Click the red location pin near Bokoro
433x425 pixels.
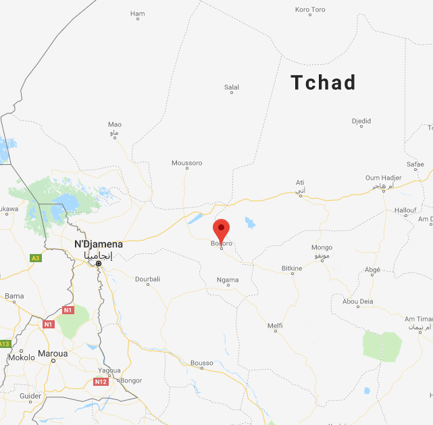coord(221,230)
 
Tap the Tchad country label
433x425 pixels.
coord(323,82)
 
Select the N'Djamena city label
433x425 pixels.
coord(99,244)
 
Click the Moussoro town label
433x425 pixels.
coord(187,163)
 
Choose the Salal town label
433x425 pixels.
coord(232,87)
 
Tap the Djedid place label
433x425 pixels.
coord(361,122)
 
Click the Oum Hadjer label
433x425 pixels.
coord(383,178)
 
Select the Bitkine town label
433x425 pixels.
coord(292,268)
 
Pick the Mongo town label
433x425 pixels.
coord(322,248)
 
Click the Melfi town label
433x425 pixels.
coord(275,326)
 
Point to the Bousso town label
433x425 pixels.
coord(201,363)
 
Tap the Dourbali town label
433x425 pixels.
coord(148,279)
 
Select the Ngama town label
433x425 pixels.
coord(228,280)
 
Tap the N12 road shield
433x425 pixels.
coord(101,382)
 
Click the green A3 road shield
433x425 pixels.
coord(35,257)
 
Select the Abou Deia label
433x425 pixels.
coord(358,301)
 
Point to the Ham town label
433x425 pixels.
coord(138,14)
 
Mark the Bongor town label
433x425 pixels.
coord(130,380)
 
